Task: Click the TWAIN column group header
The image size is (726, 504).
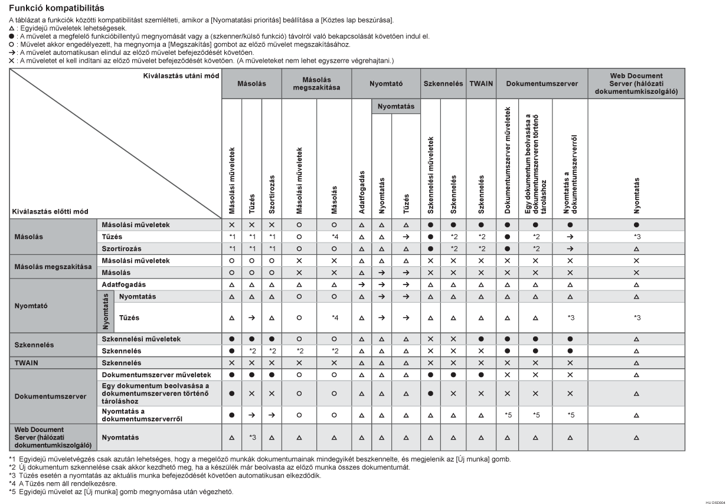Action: pyautogui.click(x=482, y=84)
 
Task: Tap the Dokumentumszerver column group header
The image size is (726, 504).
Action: pyautogui.click(x=541, y=84)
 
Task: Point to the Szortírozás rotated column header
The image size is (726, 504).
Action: pyautogui.click(x=272, y=194)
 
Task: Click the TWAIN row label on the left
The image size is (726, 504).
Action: pyautogui.click(x=26, y=362)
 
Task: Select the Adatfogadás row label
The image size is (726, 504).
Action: pyautogui.click(x=124, y=284)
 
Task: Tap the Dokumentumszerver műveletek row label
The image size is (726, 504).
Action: pyautogui.click(x=156, y=375)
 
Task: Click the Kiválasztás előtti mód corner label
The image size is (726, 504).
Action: pyautogui.click(x=47, y=211)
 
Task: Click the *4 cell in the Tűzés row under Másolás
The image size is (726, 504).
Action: pyautogui.click(x=333, y=237)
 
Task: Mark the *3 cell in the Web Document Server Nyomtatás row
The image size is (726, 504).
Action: pyautogui.click(x=251, y=437)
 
